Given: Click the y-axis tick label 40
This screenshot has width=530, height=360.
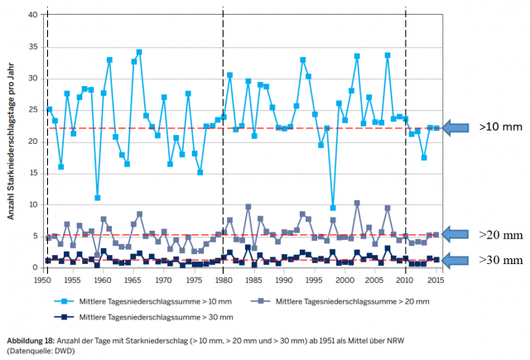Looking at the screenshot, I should [31, 15].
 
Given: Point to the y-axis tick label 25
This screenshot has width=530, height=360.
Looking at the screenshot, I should [31, 110].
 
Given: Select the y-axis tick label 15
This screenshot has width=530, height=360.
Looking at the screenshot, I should [31, 174].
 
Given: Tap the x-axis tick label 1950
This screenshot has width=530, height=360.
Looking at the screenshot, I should [42, 280].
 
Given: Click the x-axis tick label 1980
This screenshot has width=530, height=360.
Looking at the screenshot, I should [224, 280].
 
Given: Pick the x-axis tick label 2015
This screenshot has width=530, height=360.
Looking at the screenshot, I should [436, 280].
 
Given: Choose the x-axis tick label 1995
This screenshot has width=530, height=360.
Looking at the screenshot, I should [315, 280].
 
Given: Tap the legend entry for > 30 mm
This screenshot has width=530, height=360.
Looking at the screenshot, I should [132, 316].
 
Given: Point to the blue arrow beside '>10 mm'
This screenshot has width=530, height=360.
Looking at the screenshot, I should [457, 127].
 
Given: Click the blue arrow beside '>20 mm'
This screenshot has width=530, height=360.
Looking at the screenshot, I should [457, 235].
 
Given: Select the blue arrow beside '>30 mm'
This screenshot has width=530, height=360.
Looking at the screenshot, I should [457, 260].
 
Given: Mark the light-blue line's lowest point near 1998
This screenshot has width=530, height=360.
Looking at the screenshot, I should [333, 207].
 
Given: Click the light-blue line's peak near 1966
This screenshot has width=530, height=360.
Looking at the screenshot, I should [139, 51].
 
